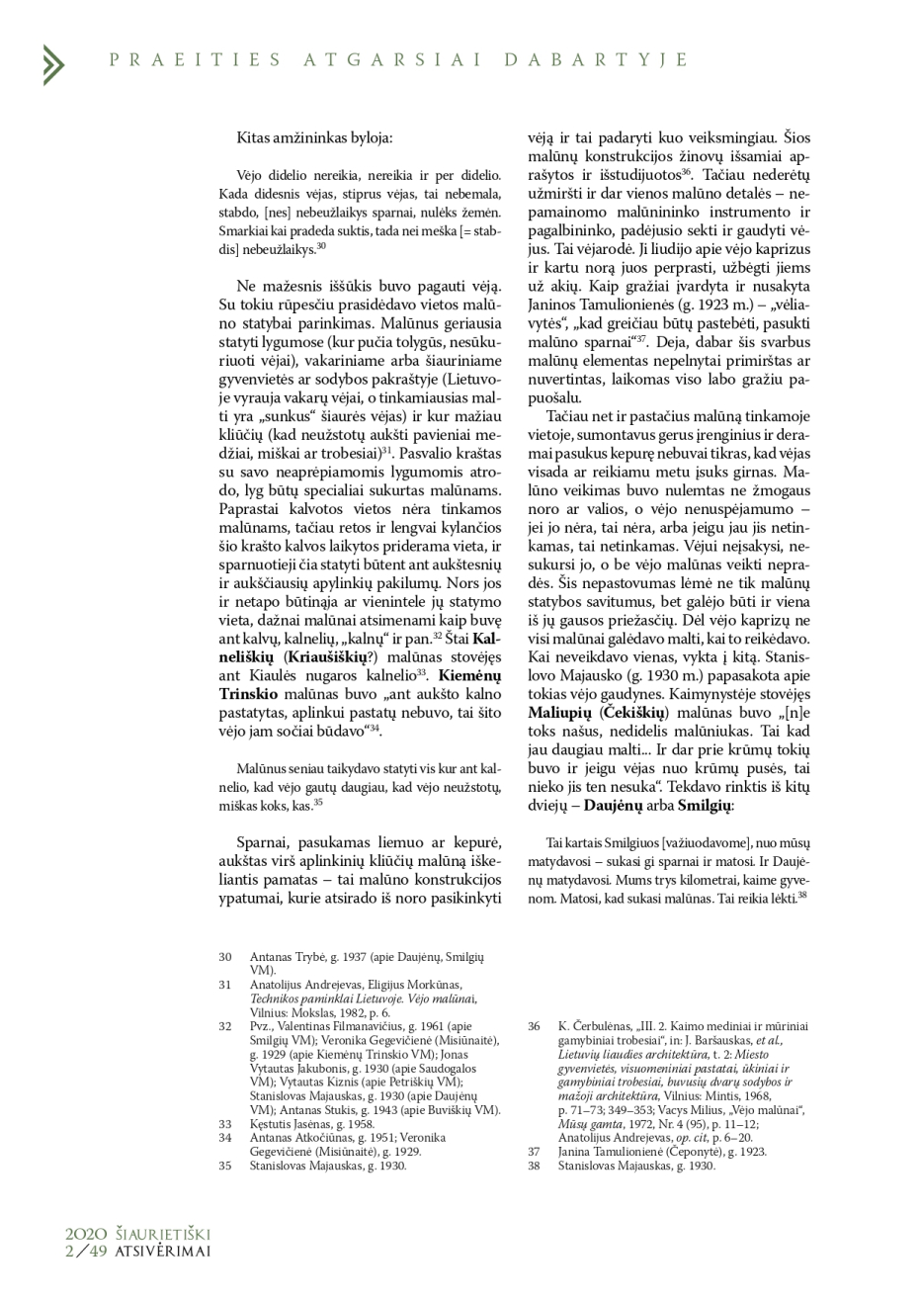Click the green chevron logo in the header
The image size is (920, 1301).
click(53, 64)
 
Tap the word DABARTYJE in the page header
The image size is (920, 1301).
click(596, 59)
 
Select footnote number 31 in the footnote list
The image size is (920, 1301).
click(225, 985)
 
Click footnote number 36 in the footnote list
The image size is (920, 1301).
click(534, 1026)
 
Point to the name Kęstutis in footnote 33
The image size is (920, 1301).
click(270, 1124)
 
